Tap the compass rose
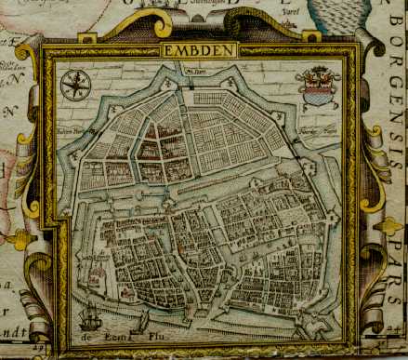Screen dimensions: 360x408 (75, 85)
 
